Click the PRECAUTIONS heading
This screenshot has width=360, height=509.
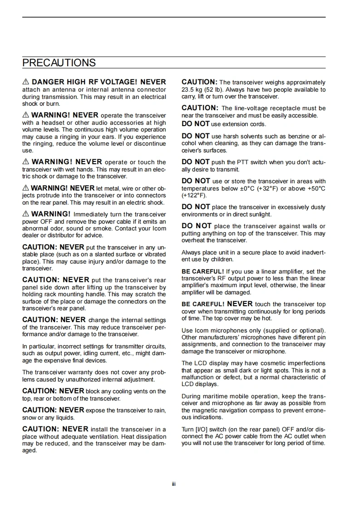[59, 63]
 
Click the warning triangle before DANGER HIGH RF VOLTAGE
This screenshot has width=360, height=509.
[26, 82]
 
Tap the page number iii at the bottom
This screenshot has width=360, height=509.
[173, 484]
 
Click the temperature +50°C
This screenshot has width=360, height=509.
[316, 188]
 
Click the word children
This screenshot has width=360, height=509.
[222, 259]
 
